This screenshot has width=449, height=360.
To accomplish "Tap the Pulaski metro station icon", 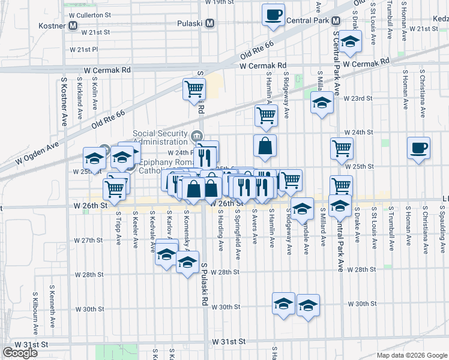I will (209, 23).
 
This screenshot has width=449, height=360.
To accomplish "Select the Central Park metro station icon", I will (334, 21).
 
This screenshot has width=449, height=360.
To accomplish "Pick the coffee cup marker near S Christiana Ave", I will (418, 148).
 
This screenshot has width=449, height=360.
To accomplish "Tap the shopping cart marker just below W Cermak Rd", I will (194, 89).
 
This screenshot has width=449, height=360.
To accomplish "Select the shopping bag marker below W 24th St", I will (265, 145).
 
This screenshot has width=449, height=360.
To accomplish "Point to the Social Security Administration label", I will (160, 138).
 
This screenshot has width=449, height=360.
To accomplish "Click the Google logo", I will (20, 353).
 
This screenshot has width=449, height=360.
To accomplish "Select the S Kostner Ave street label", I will (64, 101).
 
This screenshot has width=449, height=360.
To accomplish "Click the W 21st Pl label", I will (83, 49).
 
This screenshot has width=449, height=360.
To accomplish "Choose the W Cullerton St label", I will (90, 13).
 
